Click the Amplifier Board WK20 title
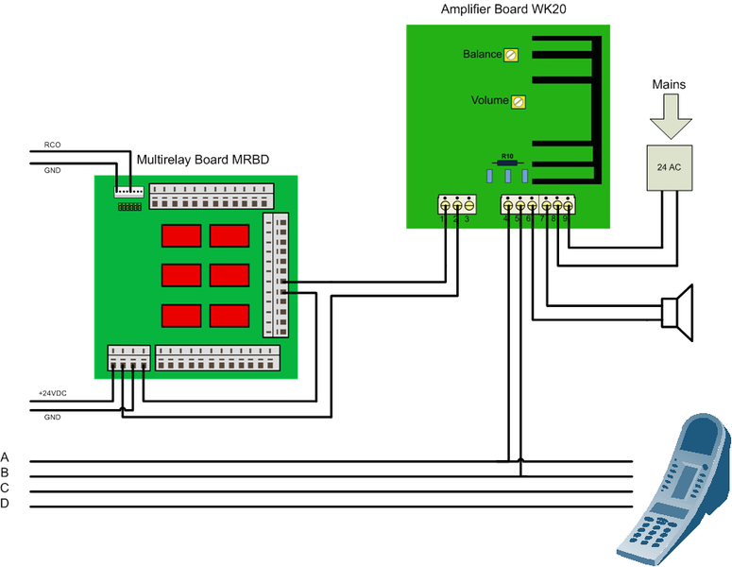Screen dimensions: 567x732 click(x=502, y=9)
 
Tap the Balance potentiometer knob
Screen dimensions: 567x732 click(x=511, y=55)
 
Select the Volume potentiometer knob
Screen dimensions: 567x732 click(x=517, y=101)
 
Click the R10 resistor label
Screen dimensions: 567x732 click(x=507, y=156)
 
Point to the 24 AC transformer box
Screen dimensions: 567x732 click(x=670, y=166)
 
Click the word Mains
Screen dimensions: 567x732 click(x=669, y=85)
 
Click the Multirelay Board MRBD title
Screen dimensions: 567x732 click(x=203, y=161)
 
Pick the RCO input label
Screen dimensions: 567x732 click(x=52, y=146)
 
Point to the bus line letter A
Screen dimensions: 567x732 click(x=6, y=456)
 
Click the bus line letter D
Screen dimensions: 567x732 click(x=6, y=503)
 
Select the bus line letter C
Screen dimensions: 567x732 click(x=6, y=488)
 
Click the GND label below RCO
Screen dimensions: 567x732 click(x=52, y=170)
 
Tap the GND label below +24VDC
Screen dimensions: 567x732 click(x=52, y=417)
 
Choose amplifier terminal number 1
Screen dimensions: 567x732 click(x=444, y=219)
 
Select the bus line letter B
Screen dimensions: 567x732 click(x=6, y=472)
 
